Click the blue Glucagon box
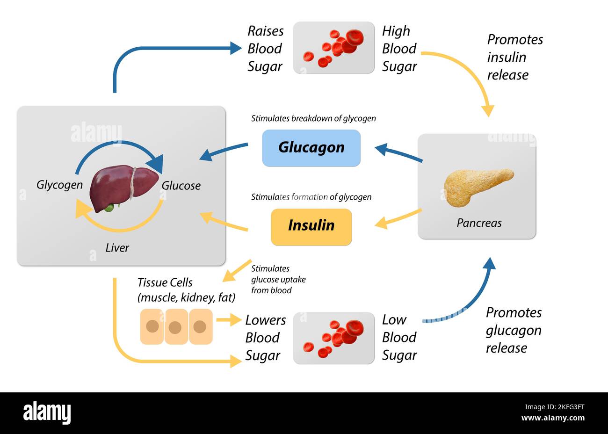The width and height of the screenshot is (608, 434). tap(311, 148)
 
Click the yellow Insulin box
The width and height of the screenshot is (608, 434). tap(311, 227)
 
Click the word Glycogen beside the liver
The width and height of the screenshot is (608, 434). tap(59, 185)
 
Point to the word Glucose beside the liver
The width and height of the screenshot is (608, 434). tap(181, 186)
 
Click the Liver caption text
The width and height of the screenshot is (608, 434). tap(117, 247)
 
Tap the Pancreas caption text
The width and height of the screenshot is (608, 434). tap(479, 223)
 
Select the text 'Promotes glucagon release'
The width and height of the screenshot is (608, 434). tap(513, 330)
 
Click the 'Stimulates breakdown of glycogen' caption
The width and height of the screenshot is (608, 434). tap(313, 118)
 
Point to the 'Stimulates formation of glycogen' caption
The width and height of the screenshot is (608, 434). tap(311, 197)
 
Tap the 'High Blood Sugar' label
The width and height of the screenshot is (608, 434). tap(398, 49)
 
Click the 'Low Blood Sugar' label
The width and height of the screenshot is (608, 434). tap(398, 338)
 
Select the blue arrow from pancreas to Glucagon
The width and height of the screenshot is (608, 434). tap(398, 154)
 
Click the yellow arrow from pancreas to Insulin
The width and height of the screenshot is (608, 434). tap(398, 219)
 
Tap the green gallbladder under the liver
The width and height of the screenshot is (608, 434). tap(109, 207)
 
